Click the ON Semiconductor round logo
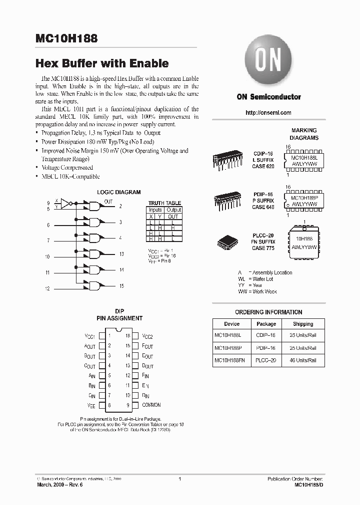268,63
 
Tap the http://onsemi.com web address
268,113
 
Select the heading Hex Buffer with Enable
102,63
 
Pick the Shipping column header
303,324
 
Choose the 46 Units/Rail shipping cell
303,360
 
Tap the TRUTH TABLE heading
164,203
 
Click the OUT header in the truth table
173,217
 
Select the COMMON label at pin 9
151,405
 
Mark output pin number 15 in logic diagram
121,286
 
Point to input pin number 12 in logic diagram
47,289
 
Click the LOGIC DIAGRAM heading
118,192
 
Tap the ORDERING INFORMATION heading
268,312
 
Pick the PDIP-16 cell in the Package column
266,348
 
